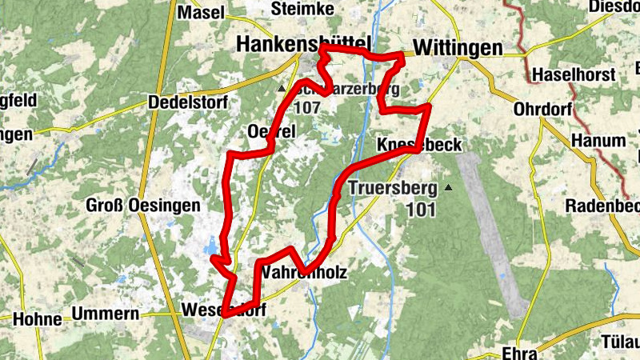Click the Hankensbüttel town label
(x=304, y=46)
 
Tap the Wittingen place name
(x=457, y=48)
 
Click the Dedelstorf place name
(x=188, y=102)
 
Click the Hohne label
(x=37, y=318)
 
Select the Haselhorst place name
(x=574, y=75)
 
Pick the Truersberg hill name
(x=394, y=190)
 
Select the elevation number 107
(x=307, y=106)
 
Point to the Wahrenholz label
(x=303, y=273)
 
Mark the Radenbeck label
(x=602, y=205)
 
